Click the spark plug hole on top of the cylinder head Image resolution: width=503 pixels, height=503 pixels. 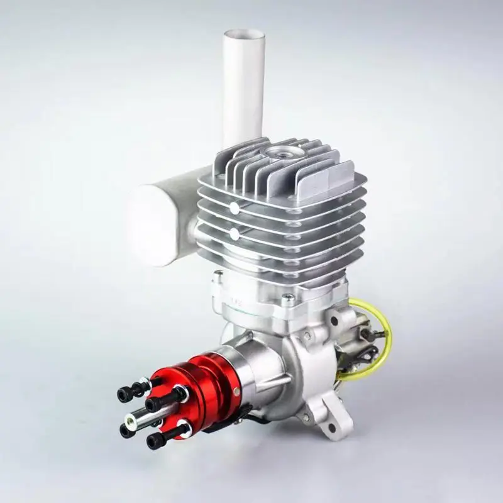pyautogui.click(x=279, y=153)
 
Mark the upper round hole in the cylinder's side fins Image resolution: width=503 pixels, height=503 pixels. pyautogui.click(x=234, y=207)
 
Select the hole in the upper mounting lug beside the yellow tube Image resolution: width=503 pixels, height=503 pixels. pyautogui.click(x=333, y=321)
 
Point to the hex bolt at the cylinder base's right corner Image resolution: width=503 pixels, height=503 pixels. pyautogui.click(x=288, y=299)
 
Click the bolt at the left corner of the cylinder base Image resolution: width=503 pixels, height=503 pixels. pyautogui.click(x=218, y=275)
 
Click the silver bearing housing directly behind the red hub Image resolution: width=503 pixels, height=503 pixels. pyautogui.click(x=245, y=371)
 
